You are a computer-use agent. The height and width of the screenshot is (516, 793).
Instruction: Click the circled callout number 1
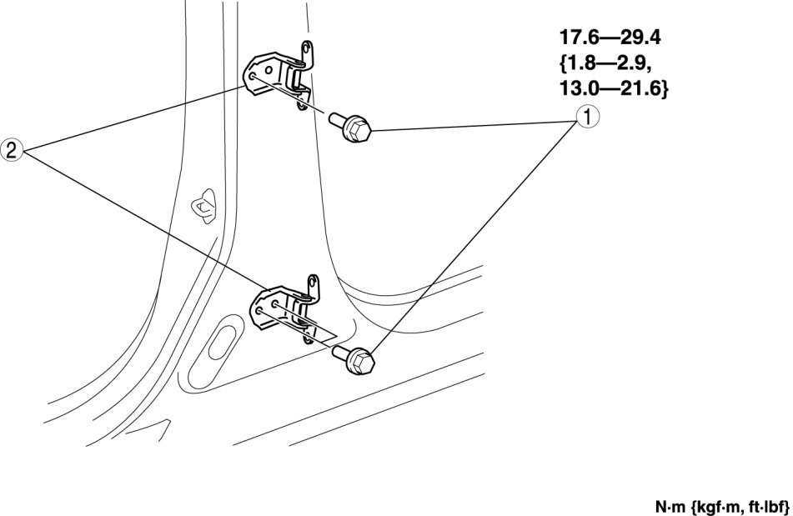586,117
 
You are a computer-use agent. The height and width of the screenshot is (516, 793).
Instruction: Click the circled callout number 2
12,151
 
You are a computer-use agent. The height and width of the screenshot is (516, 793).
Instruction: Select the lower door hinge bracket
286,308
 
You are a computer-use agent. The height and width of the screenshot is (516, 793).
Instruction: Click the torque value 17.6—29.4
610,37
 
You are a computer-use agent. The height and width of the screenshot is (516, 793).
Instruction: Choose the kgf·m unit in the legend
715,506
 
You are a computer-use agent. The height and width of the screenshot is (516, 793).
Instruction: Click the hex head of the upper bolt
359,130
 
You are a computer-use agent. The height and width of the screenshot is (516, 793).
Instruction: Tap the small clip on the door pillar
203,203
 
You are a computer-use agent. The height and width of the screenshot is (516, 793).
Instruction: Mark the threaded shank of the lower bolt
341,353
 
